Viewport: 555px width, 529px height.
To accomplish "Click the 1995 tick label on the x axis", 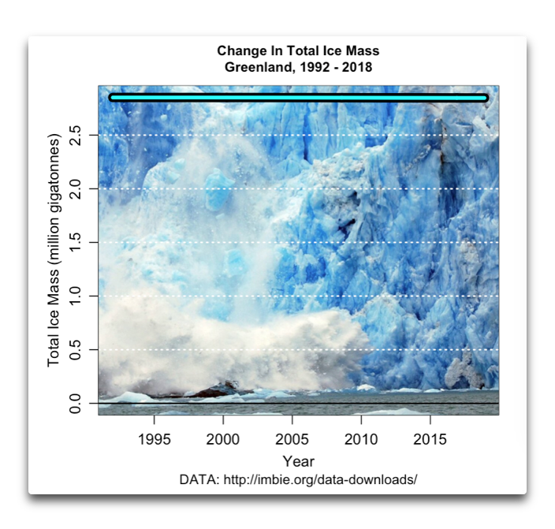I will [154, 438].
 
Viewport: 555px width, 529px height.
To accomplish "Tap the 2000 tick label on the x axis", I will [223, 438].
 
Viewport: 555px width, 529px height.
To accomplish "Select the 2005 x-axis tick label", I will [292, 438].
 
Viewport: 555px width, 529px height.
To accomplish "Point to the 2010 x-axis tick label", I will [361, 438].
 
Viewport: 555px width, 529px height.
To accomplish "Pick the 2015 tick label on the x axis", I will [430, 438].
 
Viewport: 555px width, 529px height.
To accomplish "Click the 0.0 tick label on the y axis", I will [76, 403].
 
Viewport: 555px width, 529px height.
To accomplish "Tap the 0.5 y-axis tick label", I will [76, 349].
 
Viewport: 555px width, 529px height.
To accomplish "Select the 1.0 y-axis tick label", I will [76, 296].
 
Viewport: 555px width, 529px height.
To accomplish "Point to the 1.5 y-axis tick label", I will [76, 242].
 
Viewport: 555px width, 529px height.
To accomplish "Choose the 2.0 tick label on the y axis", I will [76, 188].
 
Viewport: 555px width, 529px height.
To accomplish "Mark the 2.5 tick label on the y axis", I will [76, 135].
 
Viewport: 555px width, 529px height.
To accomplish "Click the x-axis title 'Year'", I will [298, 461].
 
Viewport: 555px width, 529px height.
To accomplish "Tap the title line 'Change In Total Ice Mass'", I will [298, 52].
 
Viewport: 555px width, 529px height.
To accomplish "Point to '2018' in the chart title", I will [357, 67].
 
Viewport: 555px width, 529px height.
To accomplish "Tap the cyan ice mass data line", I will [298, 98].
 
